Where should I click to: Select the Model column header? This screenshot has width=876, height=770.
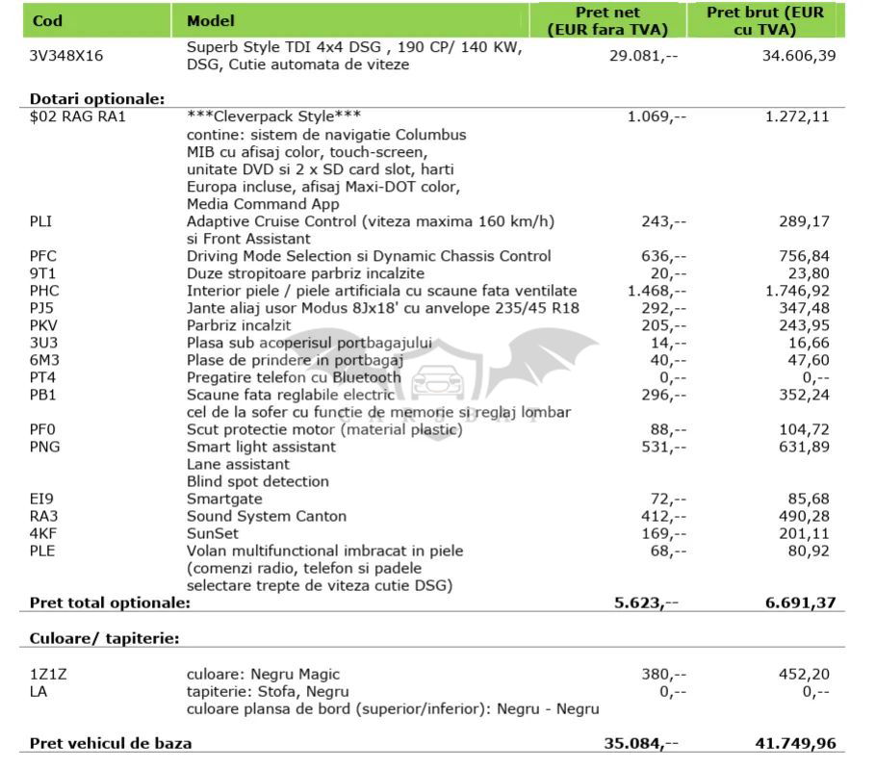click(210, 20)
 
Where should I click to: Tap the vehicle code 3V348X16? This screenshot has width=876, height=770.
click(66, 56)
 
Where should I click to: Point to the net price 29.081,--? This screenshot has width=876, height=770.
click(643, 56)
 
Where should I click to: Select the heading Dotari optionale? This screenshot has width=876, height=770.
click(97, 99)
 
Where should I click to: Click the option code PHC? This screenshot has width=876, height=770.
click(45, 291)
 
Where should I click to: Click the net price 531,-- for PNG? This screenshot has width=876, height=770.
click(661, 447)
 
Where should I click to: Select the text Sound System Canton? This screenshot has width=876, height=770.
click(266, 516)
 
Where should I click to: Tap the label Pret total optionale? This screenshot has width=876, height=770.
click(110, 603)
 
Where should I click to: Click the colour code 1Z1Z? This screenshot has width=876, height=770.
click(48, 674)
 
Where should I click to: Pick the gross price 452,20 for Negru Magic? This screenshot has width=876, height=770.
click(804, 674)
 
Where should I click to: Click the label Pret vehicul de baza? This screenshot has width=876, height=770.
click(111, 743)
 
